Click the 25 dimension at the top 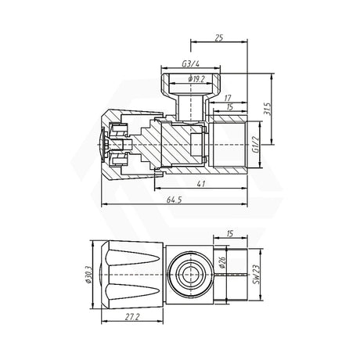pos(218,38)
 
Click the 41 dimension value pos(202,182)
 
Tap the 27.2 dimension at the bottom pos(131,317)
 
